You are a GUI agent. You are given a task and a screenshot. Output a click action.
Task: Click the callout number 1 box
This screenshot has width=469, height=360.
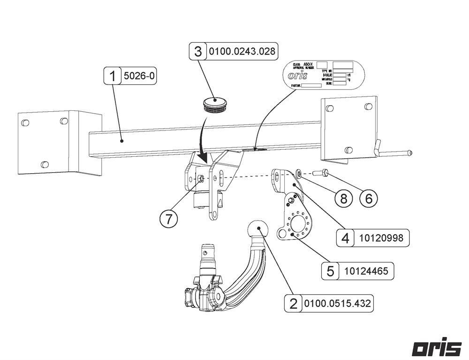113,76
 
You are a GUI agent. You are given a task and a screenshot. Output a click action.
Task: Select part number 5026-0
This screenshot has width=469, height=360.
139,76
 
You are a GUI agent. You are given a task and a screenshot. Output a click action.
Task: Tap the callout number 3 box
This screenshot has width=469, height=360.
198,51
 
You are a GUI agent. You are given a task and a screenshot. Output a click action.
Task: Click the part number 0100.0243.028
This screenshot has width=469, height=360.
242,51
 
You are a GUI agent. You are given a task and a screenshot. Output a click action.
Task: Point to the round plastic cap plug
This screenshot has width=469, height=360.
216,103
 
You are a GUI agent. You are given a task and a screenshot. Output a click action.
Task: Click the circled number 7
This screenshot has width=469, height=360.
168,219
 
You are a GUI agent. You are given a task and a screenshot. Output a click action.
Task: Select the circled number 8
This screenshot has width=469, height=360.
344,198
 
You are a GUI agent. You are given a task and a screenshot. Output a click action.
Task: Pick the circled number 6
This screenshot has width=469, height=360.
369,198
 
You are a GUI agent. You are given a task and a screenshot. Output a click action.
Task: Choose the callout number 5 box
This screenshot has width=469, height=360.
331,271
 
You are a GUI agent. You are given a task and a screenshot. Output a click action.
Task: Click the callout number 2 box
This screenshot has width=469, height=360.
294,304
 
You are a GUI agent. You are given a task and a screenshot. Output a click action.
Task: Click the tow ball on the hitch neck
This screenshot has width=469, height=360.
257,230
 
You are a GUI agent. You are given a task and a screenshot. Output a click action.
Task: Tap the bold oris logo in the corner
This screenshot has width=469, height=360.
437,348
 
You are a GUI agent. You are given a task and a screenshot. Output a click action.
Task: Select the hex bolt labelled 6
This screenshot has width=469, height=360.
321,172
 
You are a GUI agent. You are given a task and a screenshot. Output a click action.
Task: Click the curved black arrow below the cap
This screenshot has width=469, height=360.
200,141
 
